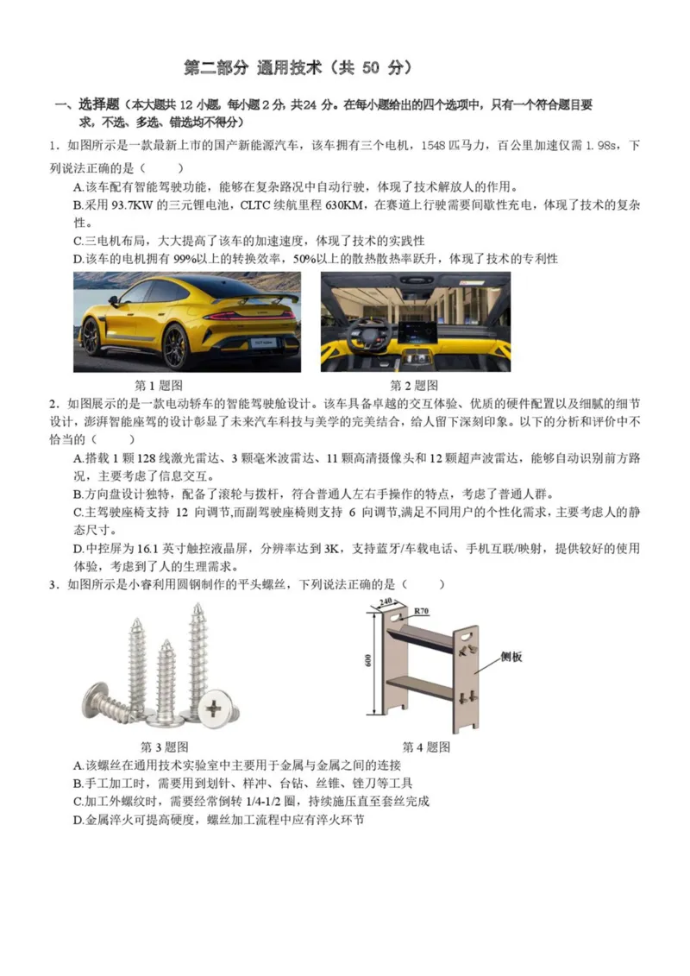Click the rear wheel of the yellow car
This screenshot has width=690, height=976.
175,345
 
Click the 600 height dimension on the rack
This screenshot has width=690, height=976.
367,660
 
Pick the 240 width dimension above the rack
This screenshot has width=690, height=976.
385,601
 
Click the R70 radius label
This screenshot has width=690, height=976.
421,611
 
